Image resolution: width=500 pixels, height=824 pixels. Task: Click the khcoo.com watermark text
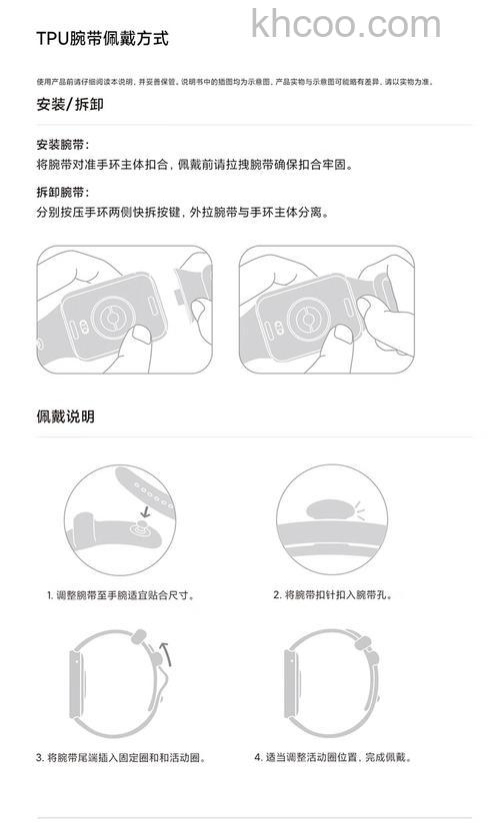tap(346, 23)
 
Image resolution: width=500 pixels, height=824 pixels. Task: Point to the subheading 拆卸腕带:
tap(63, 191)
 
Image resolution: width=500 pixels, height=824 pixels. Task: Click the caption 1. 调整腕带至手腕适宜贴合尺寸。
tap(120, 594)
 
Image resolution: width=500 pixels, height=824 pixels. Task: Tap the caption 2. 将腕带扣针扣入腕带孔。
tap(333, 594)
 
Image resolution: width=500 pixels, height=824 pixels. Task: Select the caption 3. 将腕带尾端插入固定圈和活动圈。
tap(121, 758)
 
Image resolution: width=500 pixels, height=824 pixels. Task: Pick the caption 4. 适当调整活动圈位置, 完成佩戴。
tap(333, 758)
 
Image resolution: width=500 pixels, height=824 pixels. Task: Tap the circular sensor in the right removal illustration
tap(302, 319)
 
